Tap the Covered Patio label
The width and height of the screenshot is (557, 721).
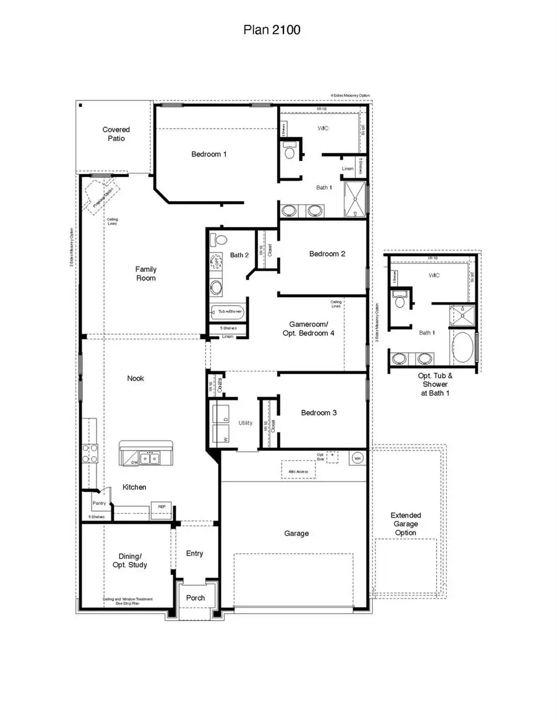click(116, 134)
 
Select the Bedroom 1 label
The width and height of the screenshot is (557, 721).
click(209, 154)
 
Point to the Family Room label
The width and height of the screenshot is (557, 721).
click(146, 274)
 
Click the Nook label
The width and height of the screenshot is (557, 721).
click(136, 378)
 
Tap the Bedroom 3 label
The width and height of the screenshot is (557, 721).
click(319, 413)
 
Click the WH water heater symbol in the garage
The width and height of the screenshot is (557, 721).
click(358, 458)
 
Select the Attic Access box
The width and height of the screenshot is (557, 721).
click(298, 470)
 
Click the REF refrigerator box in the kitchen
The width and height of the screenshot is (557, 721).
click(162, 507)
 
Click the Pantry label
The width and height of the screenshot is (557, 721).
click(99, 503)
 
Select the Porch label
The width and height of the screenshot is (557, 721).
click(196, 598)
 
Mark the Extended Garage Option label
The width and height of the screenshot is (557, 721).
click(406, 524)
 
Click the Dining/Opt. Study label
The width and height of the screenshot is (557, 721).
click(133, 560)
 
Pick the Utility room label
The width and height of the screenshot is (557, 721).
click(246, 423)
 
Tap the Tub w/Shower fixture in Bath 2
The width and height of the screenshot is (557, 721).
click(228, 311)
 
